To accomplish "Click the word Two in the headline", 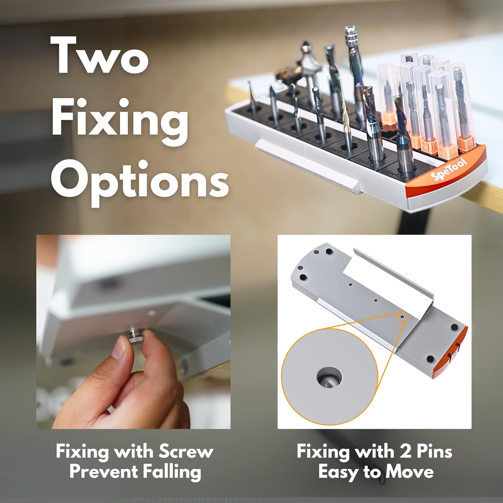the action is (100, 54).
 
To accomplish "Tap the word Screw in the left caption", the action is (186, 451).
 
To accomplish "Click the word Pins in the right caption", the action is (434, 452).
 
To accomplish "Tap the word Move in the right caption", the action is (409, 472).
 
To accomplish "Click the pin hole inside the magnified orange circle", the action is (329, 378).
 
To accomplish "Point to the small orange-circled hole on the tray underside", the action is (402, 316).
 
